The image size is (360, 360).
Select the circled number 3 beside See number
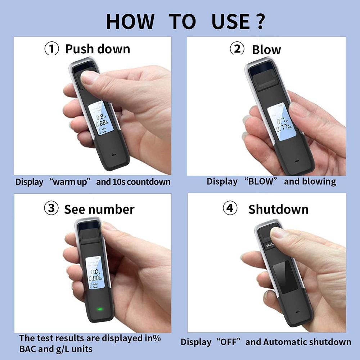click(51, 208)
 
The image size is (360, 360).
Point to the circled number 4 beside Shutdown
click(230, 208)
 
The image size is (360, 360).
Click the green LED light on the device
click(98, 309)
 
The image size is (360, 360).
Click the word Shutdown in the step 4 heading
click(278, 209)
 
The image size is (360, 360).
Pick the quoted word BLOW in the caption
click(261, 181)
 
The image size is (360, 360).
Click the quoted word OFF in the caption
click(227, 342)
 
